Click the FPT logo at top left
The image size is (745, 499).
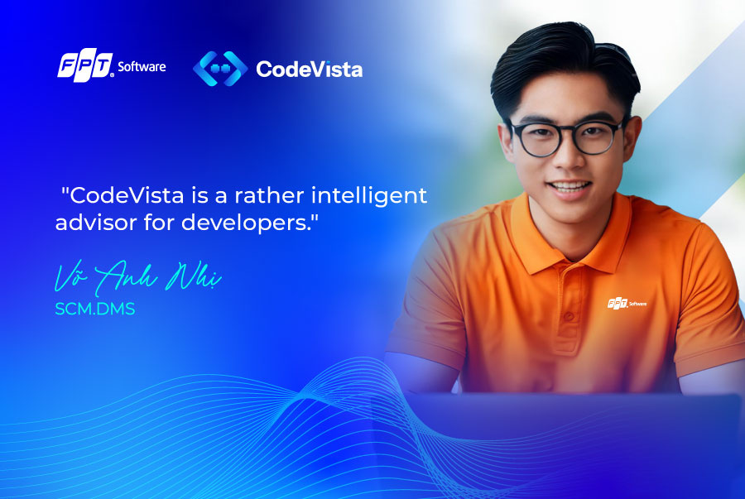[x=85, y=65]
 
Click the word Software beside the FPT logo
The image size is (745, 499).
[x=142, y=66]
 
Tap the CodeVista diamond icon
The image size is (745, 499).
[x=220, y=69]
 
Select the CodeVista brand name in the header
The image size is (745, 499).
[x=310, y=70]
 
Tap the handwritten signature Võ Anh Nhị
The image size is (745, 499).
[x=137, y=278]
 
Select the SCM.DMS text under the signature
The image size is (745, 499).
[x=95, y=309]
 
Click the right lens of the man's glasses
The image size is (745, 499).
[x=598, y=137]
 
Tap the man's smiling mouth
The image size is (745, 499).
[x=570, y=186]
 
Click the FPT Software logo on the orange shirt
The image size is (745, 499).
[x=627, y=303]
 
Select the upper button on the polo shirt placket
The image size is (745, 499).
[x=569, y=316]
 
